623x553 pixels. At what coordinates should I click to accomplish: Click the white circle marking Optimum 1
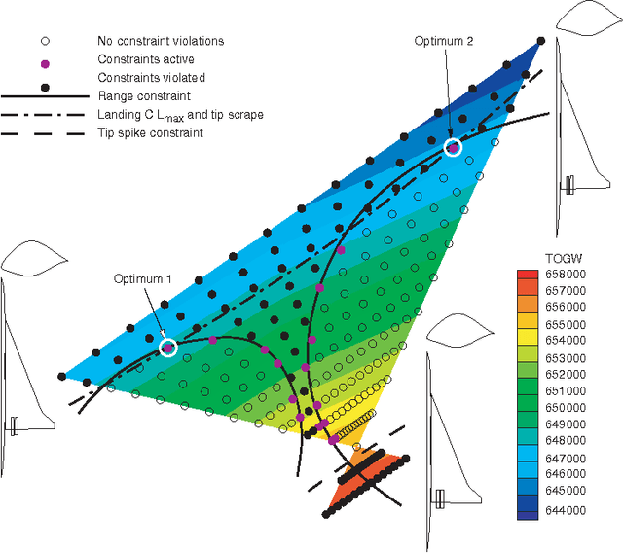tap(168, 347)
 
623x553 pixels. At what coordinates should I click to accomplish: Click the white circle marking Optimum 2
tap(452, 147)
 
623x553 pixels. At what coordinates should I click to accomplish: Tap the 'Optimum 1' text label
tap(142, 278)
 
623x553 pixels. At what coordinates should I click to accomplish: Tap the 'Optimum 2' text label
tap(444, 40)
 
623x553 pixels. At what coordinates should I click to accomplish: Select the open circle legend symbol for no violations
tap(43, 41)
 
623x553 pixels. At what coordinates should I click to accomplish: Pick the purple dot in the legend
tap(43, 59)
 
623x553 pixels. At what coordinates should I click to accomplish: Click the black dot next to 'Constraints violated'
tap(43, 77)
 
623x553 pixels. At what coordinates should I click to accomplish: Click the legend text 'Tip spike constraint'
tap(151, 132)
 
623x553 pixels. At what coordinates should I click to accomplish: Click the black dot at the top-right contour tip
tap(541, 41)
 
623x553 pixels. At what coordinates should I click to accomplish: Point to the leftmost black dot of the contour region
tap(62, 375)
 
